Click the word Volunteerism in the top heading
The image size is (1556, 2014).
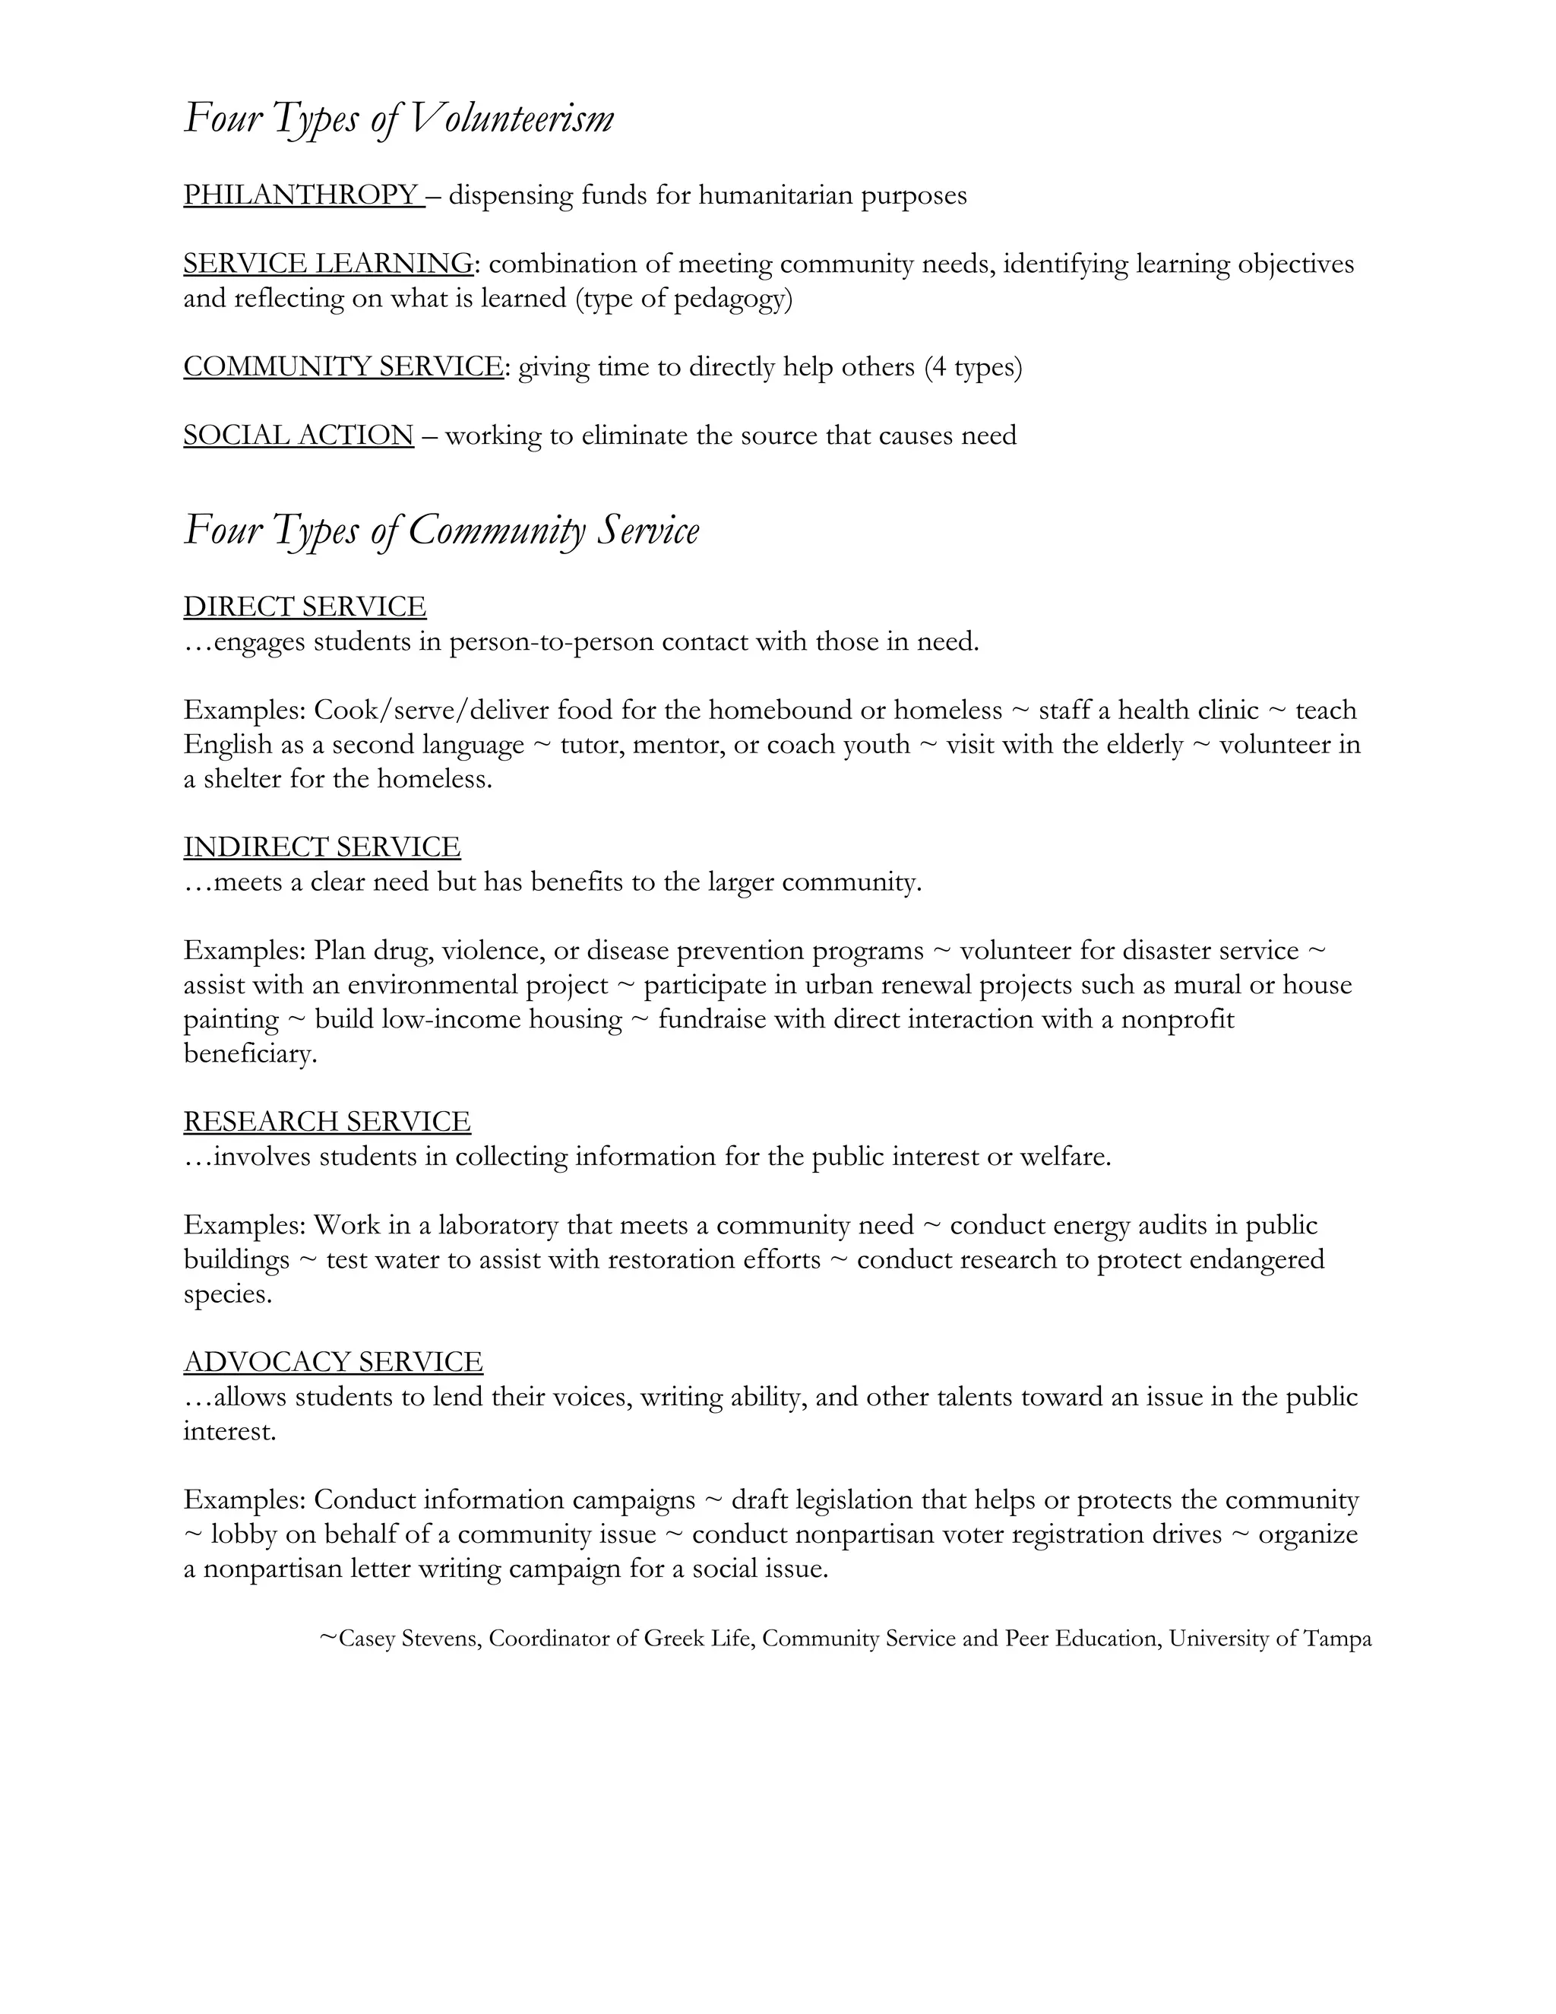[511, 120]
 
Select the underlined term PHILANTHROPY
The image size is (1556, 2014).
[302, 195]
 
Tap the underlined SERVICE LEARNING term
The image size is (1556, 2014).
[328, 264]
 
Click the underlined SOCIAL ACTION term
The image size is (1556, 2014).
[299, 435]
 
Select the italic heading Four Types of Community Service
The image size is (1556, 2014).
[441, 531]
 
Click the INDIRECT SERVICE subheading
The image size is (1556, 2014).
[321, 847]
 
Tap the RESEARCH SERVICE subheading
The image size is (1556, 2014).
[327, 1121]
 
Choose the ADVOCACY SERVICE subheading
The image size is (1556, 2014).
[333, 1362]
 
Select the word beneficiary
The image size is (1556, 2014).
[250, 1054]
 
